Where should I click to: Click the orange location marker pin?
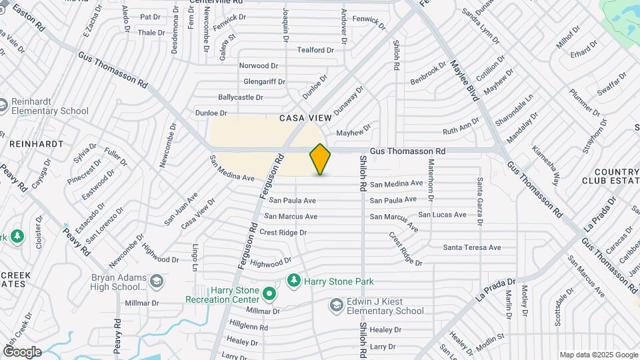click(320, 159)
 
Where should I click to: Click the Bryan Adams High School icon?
click(156, 282)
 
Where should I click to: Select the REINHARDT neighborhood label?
click(36, 143)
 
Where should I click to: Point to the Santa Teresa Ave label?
click(472, 247)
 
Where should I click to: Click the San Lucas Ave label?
click(442, 215)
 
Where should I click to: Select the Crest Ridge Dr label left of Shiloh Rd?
click(283, 232)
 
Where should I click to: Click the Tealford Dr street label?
click(315, 50)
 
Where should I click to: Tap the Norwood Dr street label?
click(259, 65)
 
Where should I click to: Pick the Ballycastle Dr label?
click(241, 97)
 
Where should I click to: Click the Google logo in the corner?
click(21, 351)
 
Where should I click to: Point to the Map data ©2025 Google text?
click(598, 355)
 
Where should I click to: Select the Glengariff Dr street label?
click(265, 81)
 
